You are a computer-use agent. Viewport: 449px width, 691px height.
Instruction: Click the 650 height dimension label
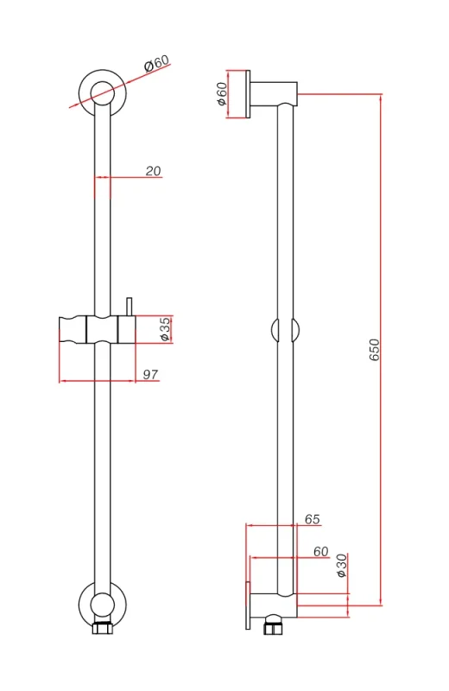pyautogui.click(x=374, y=350)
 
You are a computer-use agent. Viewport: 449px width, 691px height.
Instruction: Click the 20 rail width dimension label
pyautogui.click(x=153, y=171)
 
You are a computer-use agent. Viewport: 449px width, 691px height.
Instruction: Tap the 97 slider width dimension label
pyautogui.click(x=149, y=373)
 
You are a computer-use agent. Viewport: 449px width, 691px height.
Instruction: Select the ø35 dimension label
pyautogui.click(x=165, y=328)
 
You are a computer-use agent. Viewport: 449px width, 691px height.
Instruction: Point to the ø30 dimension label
pyautogui.click(x=341, y=565)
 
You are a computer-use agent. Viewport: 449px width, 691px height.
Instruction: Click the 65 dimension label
pyautogui.click(x=312, y=519)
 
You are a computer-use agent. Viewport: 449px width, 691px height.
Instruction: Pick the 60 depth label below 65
pyautogui.click(x=320, y=551)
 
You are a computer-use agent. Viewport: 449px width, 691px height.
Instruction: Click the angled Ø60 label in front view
pyautogui.click(x=157, y=63)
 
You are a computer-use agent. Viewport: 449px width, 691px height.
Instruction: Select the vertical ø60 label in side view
pyautogui.click(x=221, y=93)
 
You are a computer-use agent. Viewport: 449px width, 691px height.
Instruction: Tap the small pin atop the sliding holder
pyautogui.click(x=128, y=306)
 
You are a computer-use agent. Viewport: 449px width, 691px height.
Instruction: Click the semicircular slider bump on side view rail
pyautogui.click(x=285, y=331)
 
